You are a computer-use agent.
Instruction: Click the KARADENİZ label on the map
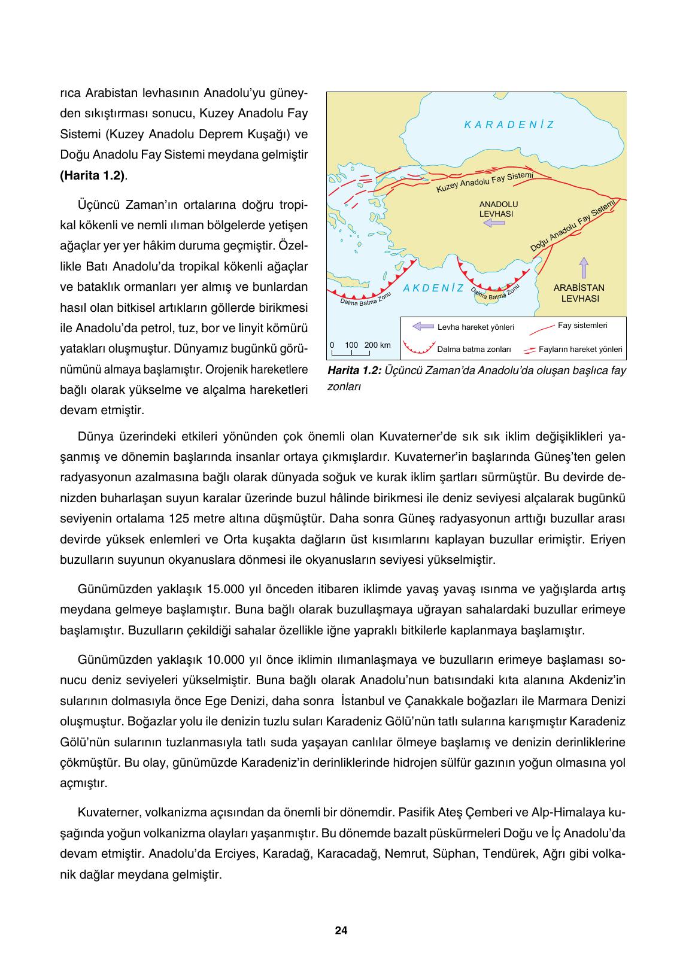pos(509,125)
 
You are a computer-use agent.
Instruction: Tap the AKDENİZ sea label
pos(433,288)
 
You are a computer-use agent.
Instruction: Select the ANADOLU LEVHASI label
pos(498,208)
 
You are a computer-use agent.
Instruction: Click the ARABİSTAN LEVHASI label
pos(579,293)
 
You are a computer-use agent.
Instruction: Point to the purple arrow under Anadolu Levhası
pos(494,223)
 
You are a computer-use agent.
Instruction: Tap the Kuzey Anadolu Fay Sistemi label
pos(484,183)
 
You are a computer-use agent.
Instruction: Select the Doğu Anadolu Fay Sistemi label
pos(573,226)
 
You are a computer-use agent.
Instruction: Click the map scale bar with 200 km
pos(360,349)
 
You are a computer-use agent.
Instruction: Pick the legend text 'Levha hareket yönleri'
pos(475,327)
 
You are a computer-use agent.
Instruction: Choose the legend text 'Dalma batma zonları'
pos(474,349)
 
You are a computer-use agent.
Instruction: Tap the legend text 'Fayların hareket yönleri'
pos(580,349)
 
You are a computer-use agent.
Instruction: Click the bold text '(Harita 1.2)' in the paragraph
pos(93,175)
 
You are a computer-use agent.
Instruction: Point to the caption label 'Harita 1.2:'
pos(354,370)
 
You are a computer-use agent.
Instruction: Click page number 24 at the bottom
pos(341,931)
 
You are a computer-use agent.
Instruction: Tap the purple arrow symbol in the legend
pos(423,327)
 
